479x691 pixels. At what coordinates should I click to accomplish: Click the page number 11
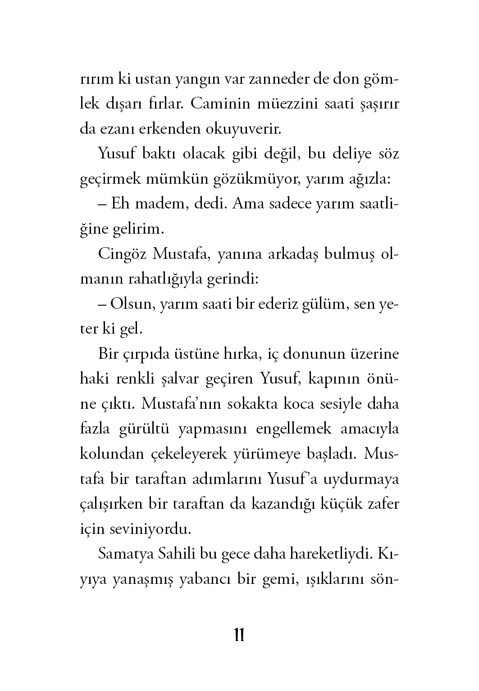(x=239, y=635)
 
